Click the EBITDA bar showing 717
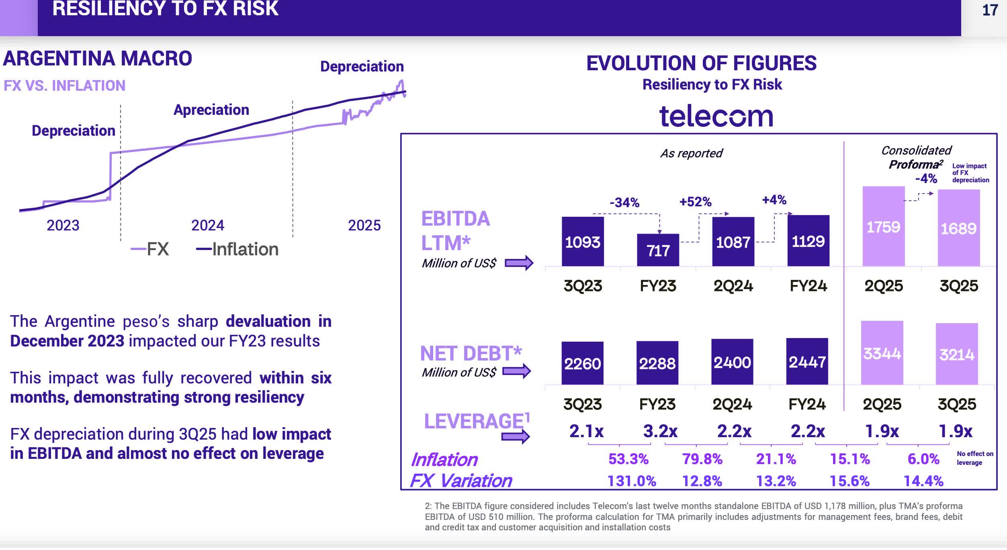click(x=658, y=250)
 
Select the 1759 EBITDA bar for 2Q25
click(x=883, y=227)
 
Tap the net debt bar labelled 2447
click(x=807, y=362)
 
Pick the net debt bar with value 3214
click(x=956, y=354)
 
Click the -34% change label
click(x=624, y=202)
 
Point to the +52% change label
click(x=695, y=202)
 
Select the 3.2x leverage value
click(x=660, y=431)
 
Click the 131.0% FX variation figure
click(x=632, y=481)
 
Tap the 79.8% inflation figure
click(x=702, y=458)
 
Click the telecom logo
click(x=716, y=116)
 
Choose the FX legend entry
click(x=150, y=249)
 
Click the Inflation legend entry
click(x=237, y=249)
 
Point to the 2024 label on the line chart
click(x=207, y=225)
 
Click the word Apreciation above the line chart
click(x=211, y=110)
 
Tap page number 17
click(x=990, y=10)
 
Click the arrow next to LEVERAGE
click(x=516, y=436)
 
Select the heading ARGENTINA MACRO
click(x=98, y=59)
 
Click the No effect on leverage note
click(x=974, y=458)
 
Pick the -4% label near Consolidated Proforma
click(x=926, y=178)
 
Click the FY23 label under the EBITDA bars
click(x=658, y=286)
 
